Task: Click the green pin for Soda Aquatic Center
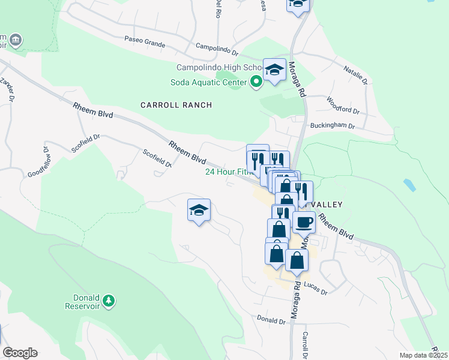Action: click(x=256, y=82)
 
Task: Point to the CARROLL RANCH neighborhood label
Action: click(x=176, y=105)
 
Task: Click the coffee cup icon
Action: click(x=304, y=223)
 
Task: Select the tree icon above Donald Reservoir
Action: click(x=109, y=300)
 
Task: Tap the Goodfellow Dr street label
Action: click(x=37, y=162)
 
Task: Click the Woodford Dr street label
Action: click(x=343, y=106)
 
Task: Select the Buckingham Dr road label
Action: click(x=333, y=127)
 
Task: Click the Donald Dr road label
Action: click(x=270, y=319)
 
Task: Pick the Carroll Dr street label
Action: click(x=305, y=345)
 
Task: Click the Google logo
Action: click(x=20, y=353)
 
